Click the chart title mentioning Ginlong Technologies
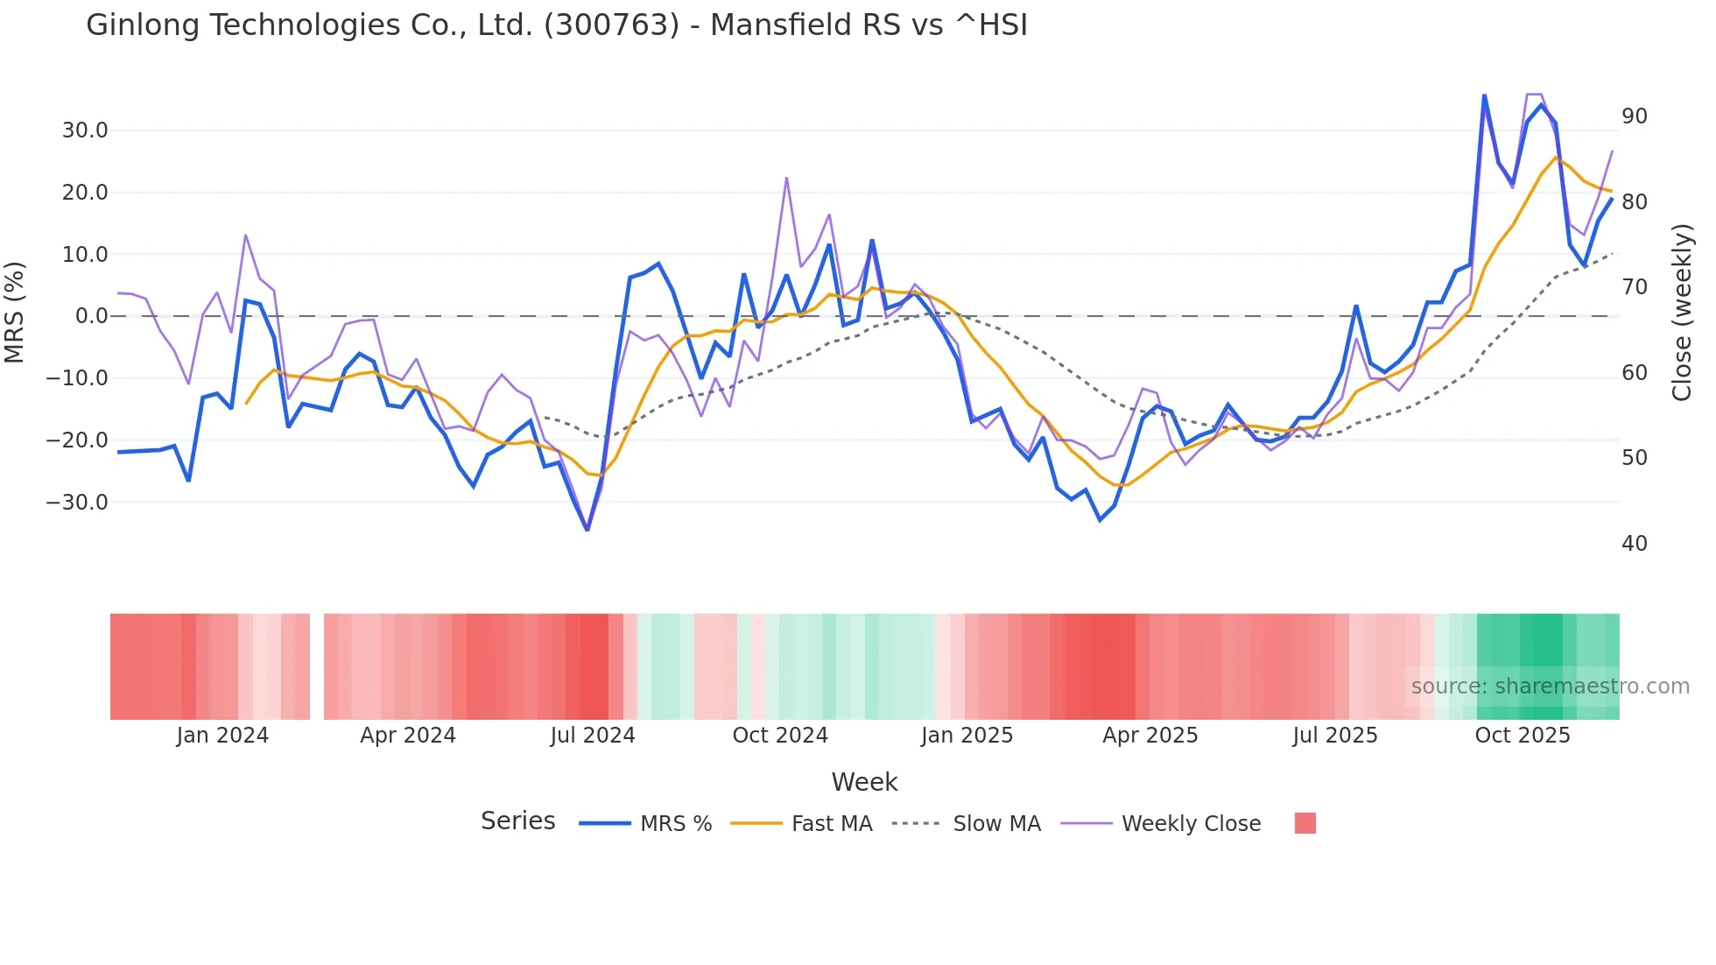tap(556, 25)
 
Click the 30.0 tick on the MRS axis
tap(85, 130)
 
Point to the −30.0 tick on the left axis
tap(78, 503)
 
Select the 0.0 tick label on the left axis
tap(91, 316)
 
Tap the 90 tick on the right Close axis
tap(1634, 116)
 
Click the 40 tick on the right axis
tap(1634, 544)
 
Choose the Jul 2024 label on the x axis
tap(593, 736)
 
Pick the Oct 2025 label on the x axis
tap(1523, 736)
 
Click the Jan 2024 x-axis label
tap(222, 736)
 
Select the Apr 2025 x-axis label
tap(1150, 736)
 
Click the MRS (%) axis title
tap(15, 312)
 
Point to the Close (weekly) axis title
tap(1682, 312)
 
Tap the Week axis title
tap(864, 782)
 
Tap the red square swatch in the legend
tap(1305, 823)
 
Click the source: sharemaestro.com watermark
tap(1550, 687)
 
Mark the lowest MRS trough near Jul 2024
tap(587, 529)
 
